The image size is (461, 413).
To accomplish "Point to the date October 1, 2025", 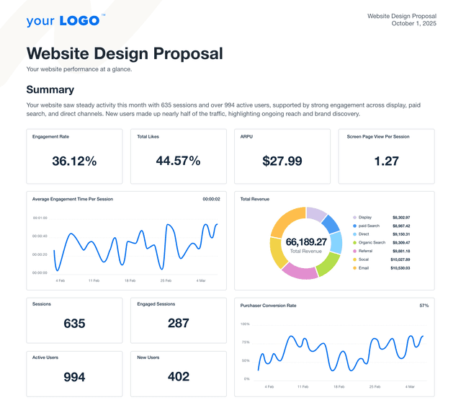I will [413, 24].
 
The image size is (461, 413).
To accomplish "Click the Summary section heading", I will [50, 89].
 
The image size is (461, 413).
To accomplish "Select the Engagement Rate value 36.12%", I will [74, 161].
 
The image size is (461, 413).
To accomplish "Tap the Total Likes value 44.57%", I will [178, 161].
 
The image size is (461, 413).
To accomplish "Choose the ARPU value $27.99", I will [282, 161].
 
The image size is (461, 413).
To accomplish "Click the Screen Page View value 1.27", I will [386, 161].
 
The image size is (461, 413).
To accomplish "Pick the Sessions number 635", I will [74, 324].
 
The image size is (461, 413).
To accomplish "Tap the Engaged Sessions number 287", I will [178, 324].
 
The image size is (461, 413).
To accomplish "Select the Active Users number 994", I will [74, 377].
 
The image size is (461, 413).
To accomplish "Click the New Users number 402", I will [178, 377].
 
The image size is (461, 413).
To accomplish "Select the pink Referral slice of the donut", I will [300, 271].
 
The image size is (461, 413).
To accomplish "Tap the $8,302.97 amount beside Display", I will [401, 217].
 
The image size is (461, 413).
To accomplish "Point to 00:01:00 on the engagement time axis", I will [40, 218].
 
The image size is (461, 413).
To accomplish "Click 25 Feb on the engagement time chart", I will [166, 280].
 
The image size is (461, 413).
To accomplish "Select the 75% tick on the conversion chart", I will [245, 342].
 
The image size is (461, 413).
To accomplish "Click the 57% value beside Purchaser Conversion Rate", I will [424, 306].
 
